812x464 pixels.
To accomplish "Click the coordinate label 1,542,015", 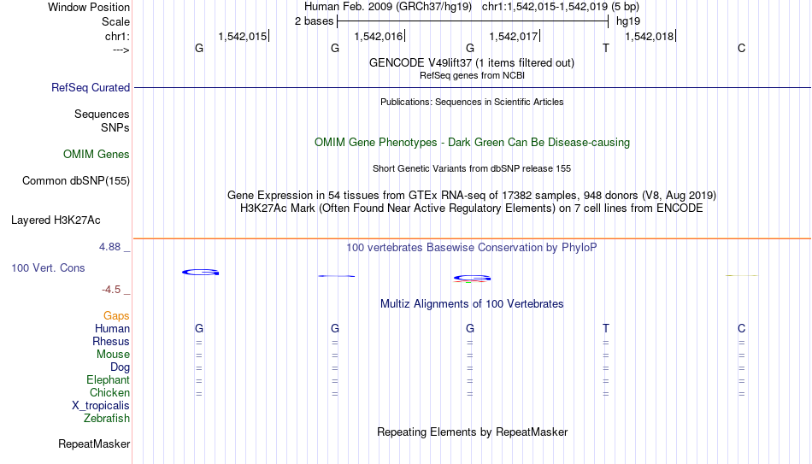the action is (243, 36).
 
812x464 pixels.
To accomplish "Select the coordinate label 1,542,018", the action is (650, 36).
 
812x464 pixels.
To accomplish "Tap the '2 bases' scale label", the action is (315, 21).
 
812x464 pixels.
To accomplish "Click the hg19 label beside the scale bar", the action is (628, 21).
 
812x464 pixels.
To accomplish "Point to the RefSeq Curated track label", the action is (91, 87).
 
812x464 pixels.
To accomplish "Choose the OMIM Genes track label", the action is (97, 155).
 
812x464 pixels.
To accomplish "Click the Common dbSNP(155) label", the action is (76, 181).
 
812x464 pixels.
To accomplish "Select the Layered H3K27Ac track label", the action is (56, 220).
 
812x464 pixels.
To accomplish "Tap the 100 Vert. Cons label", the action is (48, 267).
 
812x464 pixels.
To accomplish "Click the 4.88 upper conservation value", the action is (109, 247).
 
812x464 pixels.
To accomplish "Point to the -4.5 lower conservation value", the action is (111, 290).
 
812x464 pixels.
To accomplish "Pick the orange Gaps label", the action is (116, 316).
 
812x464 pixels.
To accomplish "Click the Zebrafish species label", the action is (107, 419).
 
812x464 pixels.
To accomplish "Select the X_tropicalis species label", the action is (101, 406).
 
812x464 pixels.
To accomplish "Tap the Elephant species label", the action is (108, 379).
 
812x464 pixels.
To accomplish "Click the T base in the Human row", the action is (606, 328).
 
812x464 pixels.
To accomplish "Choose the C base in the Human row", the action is (742, 328).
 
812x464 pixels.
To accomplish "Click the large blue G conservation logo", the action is (200, 272).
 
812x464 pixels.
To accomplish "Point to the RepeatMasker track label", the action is (94, 443).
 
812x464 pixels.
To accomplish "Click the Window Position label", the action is (89, 7).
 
